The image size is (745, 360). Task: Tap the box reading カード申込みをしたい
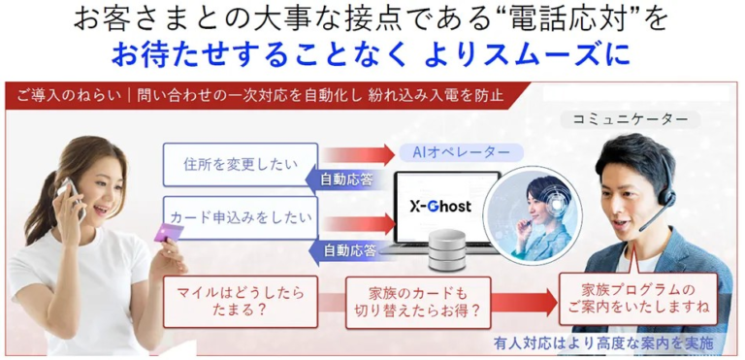tap(240, 216)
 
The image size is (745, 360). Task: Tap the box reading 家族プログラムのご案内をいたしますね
tap(637, 299)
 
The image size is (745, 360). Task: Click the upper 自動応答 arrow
tap(349, 179)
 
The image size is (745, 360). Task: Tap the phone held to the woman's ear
tap(68, 193)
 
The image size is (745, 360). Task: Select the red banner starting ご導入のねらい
tap(262, 96)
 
